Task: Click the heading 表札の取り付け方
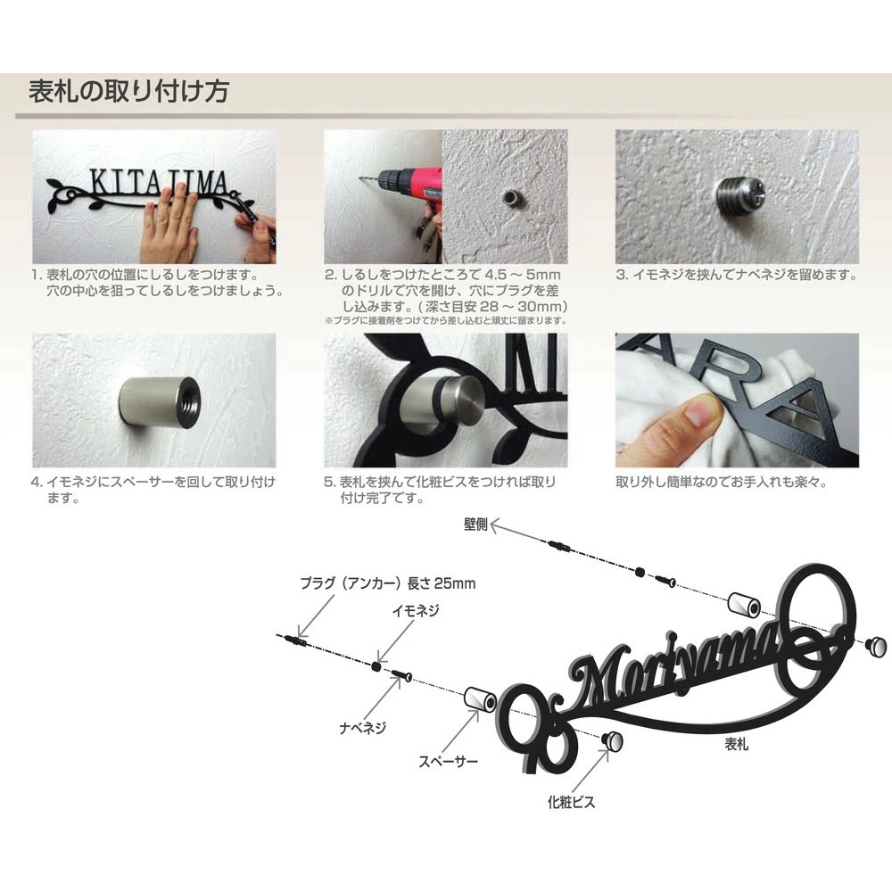129,92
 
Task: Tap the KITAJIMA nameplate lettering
159,183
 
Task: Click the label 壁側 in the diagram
475,524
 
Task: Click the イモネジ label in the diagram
416,610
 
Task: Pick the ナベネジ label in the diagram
363,727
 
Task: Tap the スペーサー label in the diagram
449,761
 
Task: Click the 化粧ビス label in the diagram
571,802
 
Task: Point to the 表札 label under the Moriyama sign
736,744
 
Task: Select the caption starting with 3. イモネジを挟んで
737,276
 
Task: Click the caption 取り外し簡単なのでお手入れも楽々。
722,483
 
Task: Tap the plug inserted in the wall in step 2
509,199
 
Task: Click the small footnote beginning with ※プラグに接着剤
446,321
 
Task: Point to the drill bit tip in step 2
360,179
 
